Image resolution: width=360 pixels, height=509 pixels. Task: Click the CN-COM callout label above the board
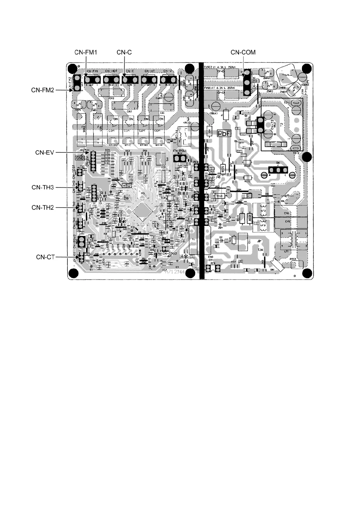pyautogui.click(x=243, y=52)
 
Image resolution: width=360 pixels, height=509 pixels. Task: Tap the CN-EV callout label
pyautogui.click(x=44, y=153)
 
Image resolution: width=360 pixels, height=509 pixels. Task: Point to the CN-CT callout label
pyautogui.click(x=45, y=257)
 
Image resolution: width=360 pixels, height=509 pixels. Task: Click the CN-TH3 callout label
pyautogui.click(x=43, y=187)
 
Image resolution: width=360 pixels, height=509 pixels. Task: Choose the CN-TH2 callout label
pyautogui.click(x=43, y=208)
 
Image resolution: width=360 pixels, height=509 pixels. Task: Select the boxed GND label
pyautogui.click(x=80, y=157)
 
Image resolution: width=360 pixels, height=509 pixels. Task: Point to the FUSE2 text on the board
pyautogui.click(x=208, y=67)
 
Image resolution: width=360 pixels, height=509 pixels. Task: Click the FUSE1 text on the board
pyautogui.click(x=208, y=88)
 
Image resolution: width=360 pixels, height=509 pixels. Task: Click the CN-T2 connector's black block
pyautogui.click(x=260, y=125)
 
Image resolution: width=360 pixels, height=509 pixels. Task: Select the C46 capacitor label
pyautogui.click(x=287, y=213)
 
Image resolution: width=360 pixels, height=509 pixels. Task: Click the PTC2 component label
pyautogui.click(x=292, y=259)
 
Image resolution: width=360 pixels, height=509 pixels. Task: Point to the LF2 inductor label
pyautogui.click(x=263, y=210)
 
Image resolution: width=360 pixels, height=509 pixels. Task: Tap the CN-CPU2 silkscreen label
pyautogui.click(x=169, y=253)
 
